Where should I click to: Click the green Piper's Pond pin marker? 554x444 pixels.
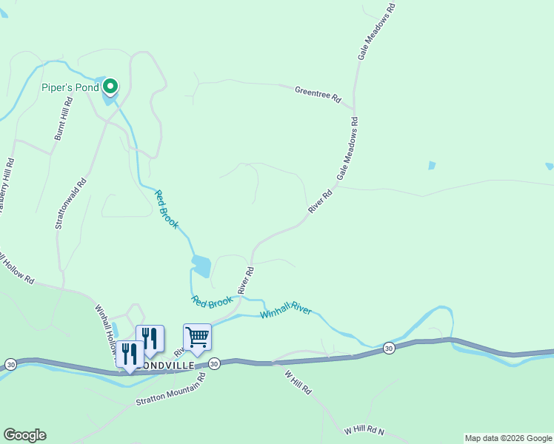click(110, 87)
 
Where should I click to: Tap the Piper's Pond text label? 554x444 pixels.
click(69, 88)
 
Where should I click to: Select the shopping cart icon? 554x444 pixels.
click(197, 337)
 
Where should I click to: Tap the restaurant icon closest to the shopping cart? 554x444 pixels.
click(150, 338)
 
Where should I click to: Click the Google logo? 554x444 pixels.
click(24, 435)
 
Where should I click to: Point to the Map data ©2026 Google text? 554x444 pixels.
click(507, 438)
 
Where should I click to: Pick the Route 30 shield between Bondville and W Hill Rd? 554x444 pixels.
click(214, 363)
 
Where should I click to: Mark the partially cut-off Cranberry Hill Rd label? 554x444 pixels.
click(5, 186)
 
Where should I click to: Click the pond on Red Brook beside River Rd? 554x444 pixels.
click(201, 265)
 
